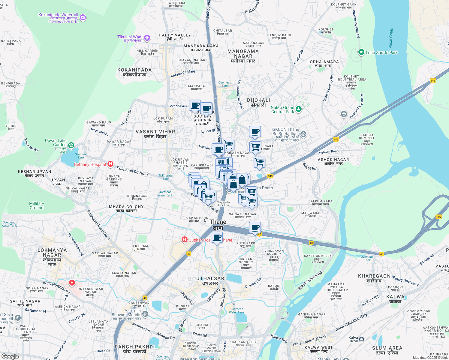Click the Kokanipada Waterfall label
pos(58,15)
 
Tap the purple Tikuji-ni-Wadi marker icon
pos(147,38)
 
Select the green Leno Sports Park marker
pos(361,52)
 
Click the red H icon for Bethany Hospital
pos(110,164)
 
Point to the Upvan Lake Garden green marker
pos(71,145)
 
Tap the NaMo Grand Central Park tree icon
pos(298,109)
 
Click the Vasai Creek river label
pos(390,38)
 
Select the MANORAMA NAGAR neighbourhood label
pos(243,54)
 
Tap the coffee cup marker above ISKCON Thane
pos(255,131)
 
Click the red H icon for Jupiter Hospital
pos(184,240)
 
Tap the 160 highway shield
pos(438,217)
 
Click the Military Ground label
pos(37,205)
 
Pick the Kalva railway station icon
pos(361,339)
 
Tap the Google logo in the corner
pos(10,356)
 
